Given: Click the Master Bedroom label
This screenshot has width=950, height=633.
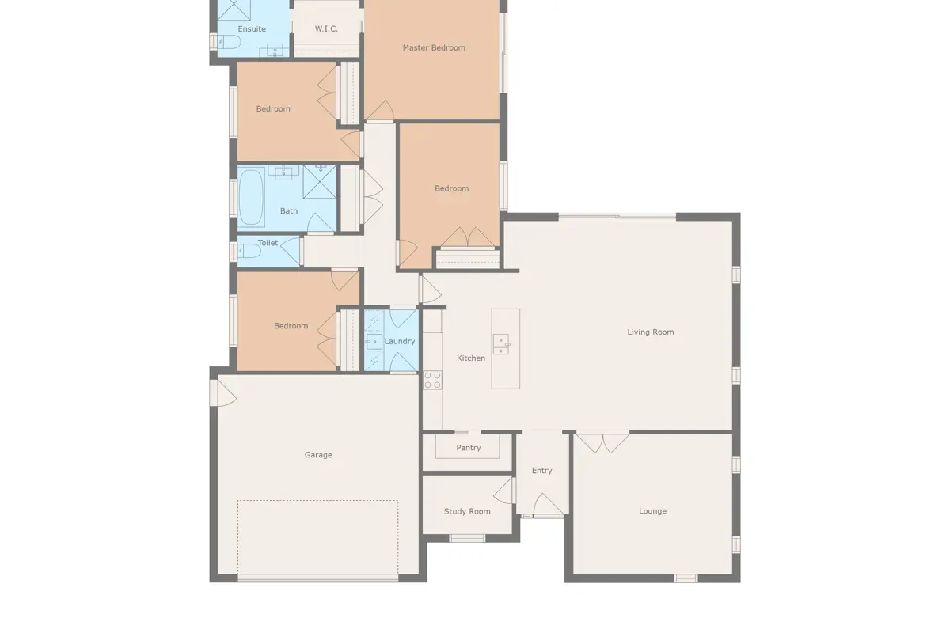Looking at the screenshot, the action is (x=434, y=48).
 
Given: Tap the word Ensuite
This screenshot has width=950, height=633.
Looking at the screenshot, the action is (x=252, y=28).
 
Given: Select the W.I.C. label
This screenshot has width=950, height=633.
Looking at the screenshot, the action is (x=326, y=28).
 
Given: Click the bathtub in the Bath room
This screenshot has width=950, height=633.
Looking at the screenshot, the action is (x=252, y=198).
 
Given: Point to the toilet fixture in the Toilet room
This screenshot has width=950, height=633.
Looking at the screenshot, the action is (x=249, y=251).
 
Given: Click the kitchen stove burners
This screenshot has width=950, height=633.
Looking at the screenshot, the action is (x=432, y=381).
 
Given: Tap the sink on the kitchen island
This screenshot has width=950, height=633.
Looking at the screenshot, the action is (x=501, y=344).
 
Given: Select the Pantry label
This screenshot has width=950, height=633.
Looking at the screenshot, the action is (x=468, y=448).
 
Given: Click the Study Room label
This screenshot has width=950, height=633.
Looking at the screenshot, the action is (x=467, y=511).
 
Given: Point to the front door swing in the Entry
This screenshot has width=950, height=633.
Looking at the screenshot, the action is (x=548, y=505).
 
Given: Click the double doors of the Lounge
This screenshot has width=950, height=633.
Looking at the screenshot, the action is (x=602, y=442).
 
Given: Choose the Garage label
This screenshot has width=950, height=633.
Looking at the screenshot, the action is (x=318, y=455).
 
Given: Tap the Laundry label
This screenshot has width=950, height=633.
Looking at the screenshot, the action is (x=400, y=341).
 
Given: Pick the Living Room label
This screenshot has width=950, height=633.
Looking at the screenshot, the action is (x=651, y=332).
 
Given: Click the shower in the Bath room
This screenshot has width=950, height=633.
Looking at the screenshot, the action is (x=320, y=182).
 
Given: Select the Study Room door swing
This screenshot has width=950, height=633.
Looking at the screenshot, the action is (x=503, y=491).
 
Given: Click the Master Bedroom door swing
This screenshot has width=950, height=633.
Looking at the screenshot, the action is (x=381, y=110).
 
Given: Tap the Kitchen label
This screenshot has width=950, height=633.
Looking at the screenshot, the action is (x=471, y=358).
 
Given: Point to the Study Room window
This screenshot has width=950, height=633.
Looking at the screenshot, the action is (x=467, y=539).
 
